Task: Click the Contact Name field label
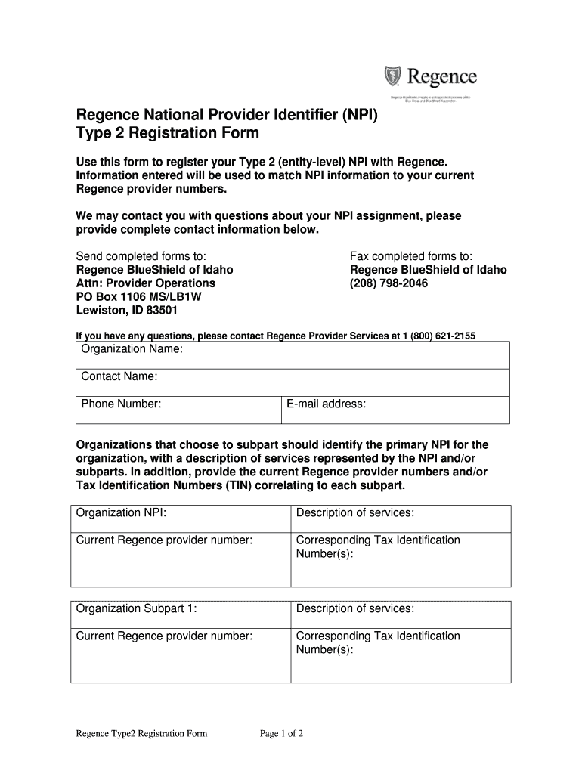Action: (x=119, y=376)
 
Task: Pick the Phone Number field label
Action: (x=121, y=404)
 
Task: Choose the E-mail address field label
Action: (x=326, y=404)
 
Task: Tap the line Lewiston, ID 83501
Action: (x=128, y=311)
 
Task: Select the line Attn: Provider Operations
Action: (x=146, y=283)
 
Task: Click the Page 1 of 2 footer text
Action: (x=281, y=733)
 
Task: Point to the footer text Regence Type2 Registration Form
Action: (x=141, y=733)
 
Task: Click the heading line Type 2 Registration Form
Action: (x=168, y=134)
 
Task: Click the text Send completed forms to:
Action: (x=141, y=256)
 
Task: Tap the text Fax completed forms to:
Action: (x=410, y=256)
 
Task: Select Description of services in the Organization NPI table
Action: (x=354, y=513)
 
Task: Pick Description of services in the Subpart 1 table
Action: (x=354, y=609)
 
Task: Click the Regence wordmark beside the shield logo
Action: (x=442, y=77)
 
